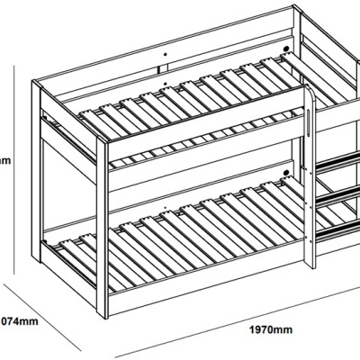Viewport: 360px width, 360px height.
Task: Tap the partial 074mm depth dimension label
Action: (18, 319)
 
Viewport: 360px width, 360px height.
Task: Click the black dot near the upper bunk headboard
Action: (285, 50)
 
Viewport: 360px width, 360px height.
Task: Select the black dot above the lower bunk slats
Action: (286, 171)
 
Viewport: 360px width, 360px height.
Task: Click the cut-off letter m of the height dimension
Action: (4, 161)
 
